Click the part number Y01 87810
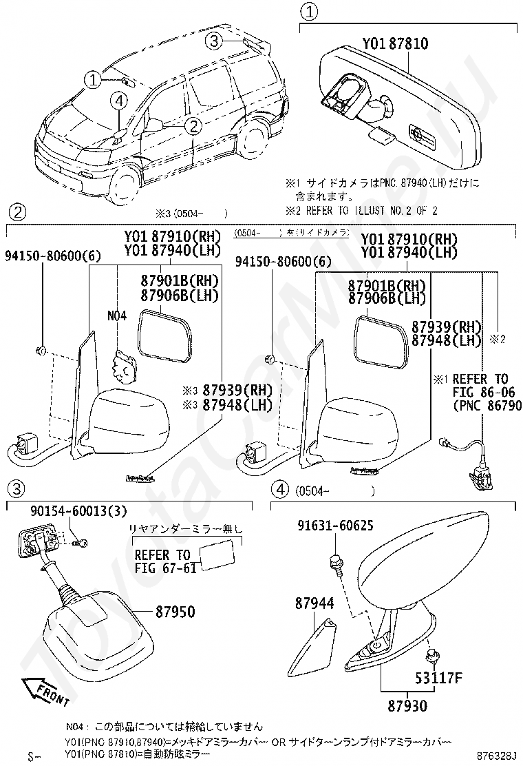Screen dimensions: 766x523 tap(395, 43)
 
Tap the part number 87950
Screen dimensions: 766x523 tap(174, 611)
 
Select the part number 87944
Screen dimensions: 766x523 tap(314, 603)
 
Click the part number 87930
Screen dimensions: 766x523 tap(407, 706)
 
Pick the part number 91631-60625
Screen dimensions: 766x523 tap(335, 526)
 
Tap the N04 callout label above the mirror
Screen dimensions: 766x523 tap(117, 316)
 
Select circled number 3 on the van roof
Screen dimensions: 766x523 tap(215, 41)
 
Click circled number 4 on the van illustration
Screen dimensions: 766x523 tap(119, 101)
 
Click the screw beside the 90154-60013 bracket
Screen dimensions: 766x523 tap(83, 543)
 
